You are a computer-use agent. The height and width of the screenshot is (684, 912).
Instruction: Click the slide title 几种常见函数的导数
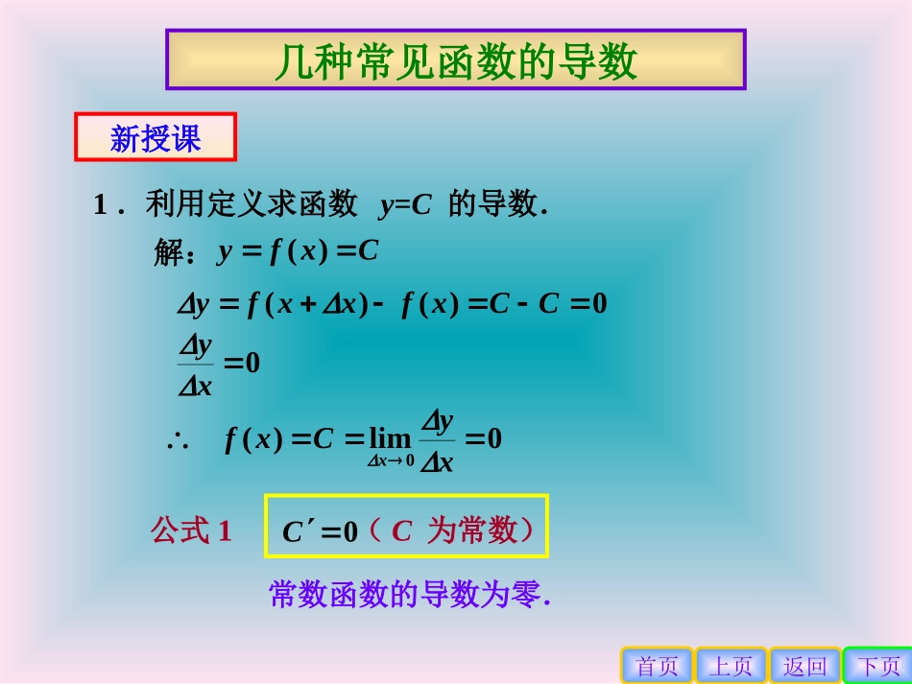click(456, 61)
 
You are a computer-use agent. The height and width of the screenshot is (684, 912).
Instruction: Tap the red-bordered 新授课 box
click(156, 138)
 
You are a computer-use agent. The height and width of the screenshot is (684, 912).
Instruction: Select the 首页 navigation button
click(658, 666)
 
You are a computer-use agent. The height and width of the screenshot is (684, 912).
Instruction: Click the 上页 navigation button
click(732, 666)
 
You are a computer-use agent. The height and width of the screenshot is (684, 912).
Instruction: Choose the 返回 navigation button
click(804, 666)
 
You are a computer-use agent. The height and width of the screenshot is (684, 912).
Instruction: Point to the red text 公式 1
click(191, 531)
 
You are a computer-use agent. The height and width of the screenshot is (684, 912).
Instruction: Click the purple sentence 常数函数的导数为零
click(410, 595)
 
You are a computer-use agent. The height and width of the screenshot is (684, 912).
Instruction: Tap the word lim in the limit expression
click(390, 439)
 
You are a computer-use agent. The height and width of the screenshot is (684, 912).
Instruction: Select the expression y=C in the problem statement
click(405, 204)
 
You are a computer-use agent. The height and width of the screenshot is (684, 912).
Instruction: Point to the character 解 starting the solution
click(168, 253)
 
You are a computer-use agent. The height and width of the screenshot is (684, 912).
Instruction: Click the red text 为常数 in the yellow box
click(471, 531)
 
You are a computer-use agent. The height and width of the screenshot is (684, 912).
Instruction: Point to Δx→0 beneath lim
click(390, 461)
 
